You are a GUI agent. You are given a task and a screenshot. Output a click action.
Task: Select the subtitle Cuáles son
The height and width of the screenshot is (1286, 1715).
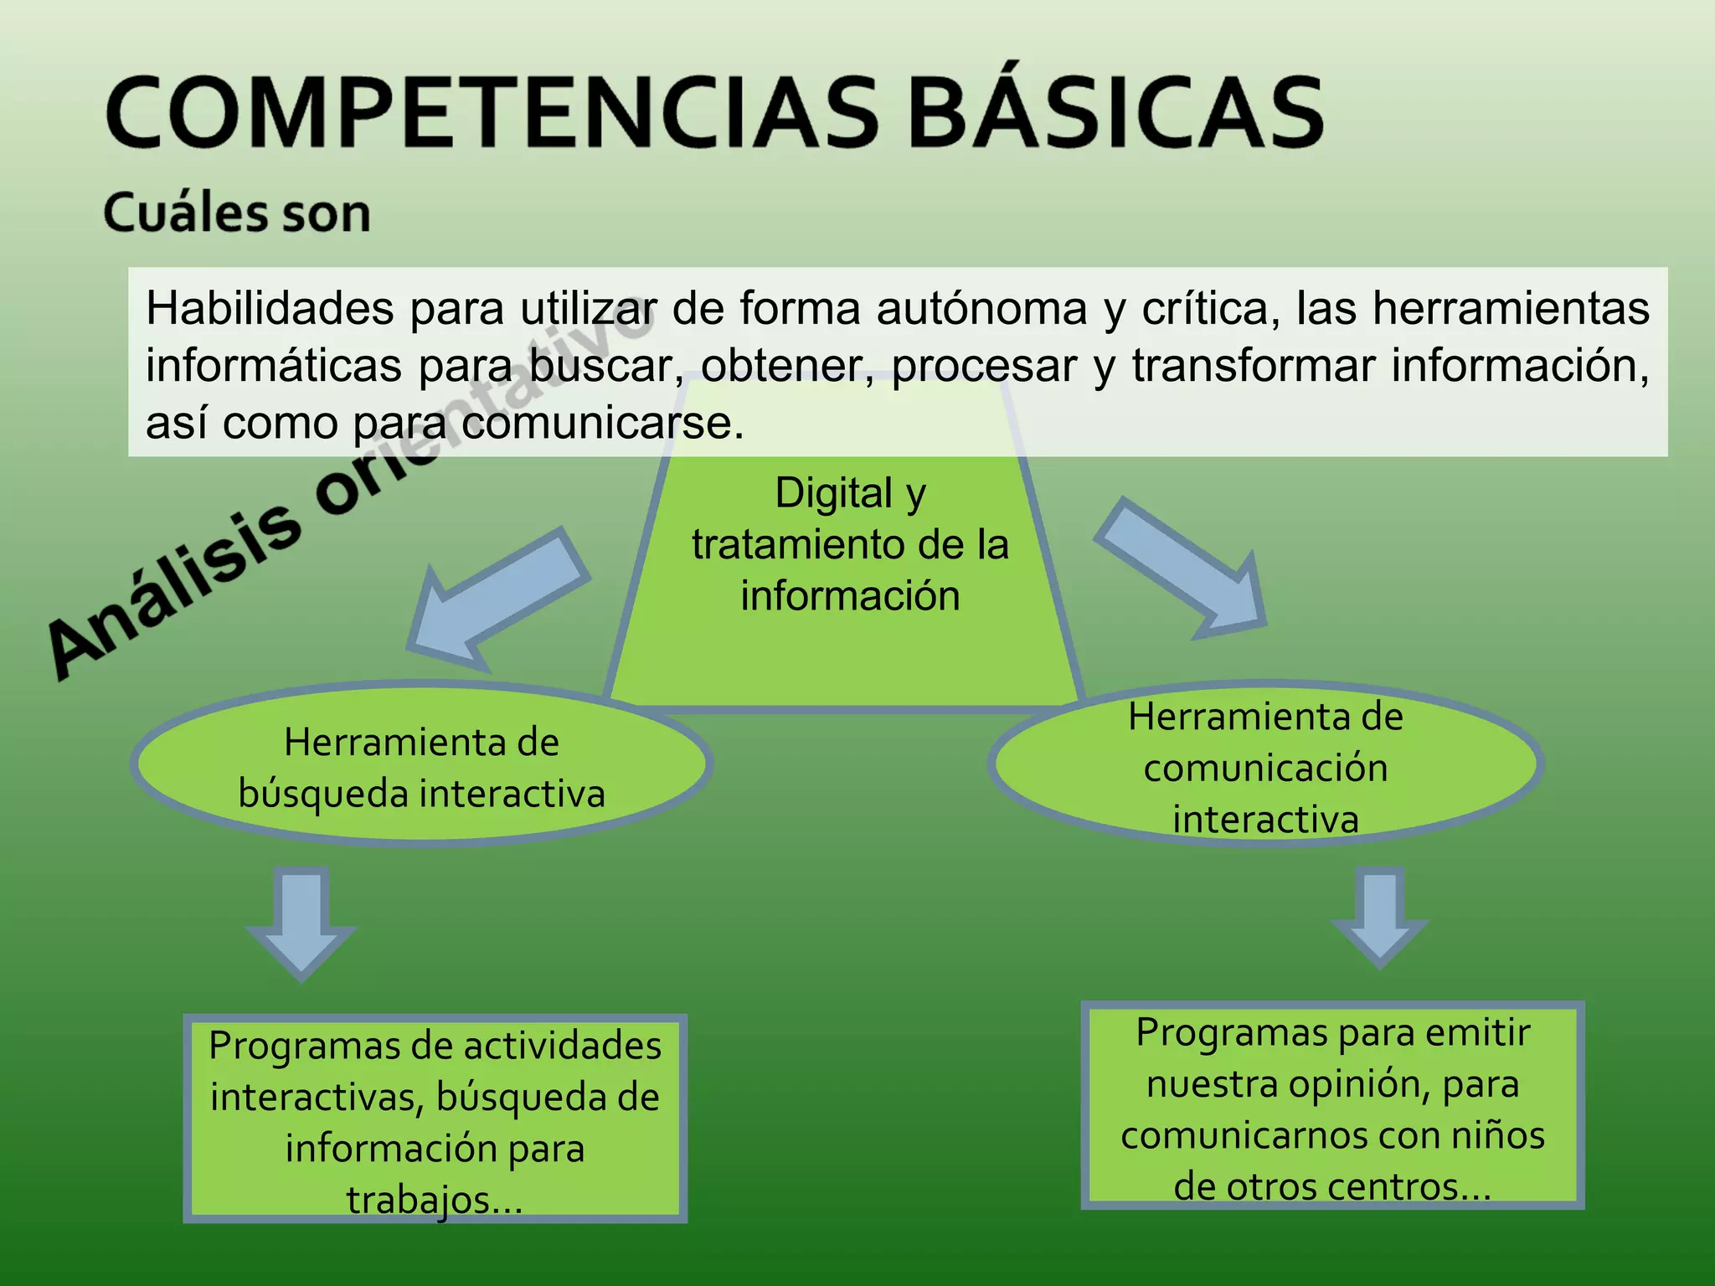point(237,213)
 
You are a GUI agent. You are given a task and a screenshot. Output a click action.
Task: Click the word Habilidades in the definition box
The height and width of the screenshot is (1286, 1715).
point(270,309)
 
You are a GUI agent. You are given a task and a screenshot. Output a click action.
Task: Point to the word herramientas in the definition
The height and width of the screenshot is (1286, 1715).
point(1511,309)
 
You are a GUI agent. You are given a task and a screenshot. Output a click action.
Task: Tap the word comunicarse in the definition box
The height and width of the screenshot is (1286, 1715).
point(602,424)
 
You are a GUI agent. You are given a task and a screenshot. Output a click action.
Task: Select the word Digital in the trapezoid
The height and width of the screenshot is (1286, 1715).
point(833,493)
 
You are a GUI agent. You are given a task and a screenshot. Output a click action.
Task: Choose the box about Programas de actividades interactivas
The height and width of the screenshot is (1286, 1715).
point(435,1119)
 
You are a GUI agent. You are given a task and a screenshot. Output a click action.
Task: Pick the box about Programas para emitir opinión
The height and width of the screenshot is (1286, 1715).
point(1332,1106)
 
